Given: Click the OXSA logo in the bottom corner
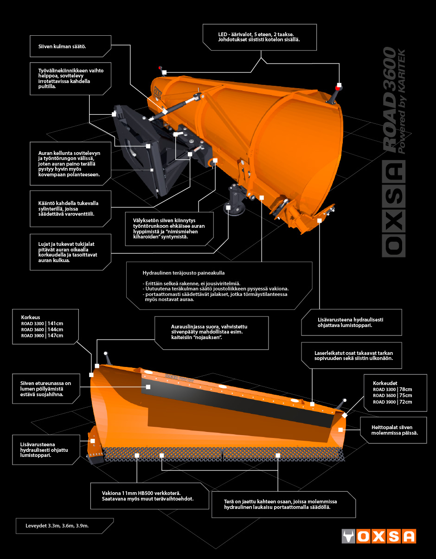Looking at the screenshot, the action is pos(378,536).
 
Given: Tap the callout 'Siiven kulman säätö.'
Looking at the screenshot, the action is pos(62,46).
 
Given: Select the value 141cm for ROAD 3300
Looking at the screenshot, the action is pos(55,323).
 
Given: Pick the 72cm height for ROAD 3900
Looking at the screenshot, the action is pos(406,402).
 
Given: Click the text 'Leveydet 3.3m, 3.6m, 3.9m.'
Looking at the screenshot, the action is pos(57,526).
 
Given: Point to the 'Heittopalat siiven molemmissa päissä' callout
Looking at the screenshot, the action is pos(395,430).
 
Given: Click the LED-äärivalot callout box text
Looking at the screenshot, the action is pos(259,37).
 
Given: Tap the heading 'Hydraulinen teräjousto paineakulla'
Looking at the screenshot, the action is pos(184,273).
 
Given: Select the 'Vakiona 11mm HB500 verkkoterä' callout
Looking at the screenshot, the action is pos(147,496).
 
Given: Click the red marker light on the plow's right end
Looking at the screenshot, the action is pos(338,88).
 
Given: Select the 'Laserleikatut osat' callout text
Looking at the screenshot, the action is pos(354,355).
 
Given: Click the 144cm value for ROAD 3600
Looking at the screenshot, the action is pos(55,329).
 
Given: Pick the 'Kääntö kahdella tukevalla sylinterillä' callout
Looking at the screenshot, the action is pos(69,209).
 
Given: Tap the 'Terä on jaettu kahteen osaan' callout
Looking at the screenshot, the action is pos(280,504).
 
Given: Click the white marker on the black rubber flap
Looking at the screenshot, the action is pos(148,387).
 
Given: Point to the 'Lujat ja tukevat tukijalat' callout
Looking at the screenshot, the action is pos(68,252).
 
